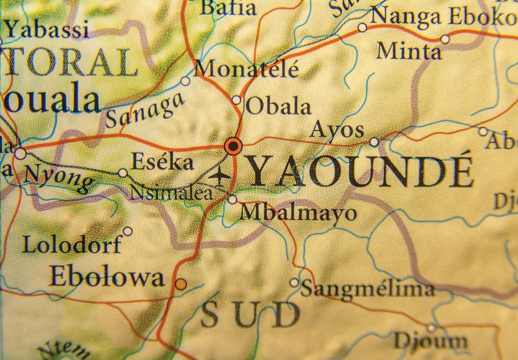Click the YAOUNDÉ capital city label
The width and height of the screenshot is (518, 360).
coord(361,171)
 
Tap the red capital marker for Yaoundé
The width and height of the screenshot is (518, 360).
coord(233,146)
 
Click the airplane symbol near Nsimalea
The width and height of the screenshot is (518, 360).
coord(221,175)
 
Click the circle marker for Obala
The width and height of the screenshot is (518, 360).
coord(236,100)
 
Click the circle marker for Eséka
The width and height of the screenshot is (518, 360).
coord(123,173)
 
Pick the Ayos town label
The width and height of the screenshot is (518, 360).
coord(337,130)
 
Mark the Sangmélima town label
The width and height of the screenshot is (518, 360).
coord(367,288)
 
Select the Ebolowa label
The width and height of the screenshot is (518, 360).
coord(106,276)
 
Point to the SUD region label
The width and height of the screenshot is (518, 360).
coord(249,315)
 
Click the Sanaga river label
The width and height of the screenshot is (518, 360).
coord(141,111)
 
